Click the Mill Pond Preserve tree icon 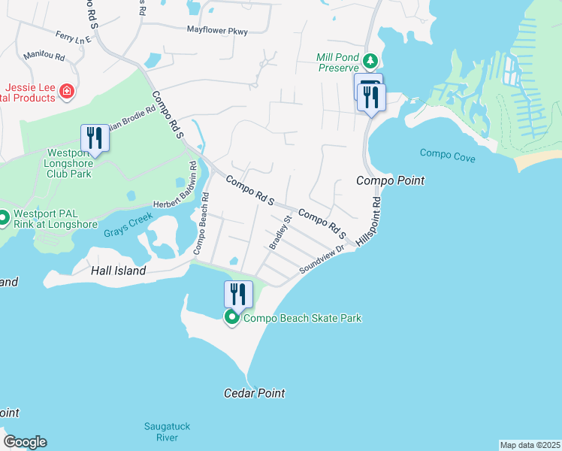(369, 61)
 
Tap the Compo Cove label (447, 154)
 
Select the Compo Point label (390, 180)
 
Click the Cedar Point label (255, 393)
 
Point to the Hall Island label (118, 271)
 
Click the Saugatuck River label (167, 431)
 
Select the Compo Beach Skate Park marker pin (232, 319)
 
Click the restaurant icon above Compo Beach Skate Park (238, 293)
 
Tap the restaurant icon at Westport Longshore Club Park (94, 138)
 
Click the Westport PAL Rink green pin (4, 218)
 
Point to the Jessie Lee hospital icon (67, 92)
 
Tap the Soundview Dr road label (322, 259)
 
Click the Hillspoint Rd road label (369, 219)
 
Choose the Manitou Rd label (44, 56)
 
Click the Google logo (25, 442)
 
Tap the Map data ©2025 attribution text (530, 445)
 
